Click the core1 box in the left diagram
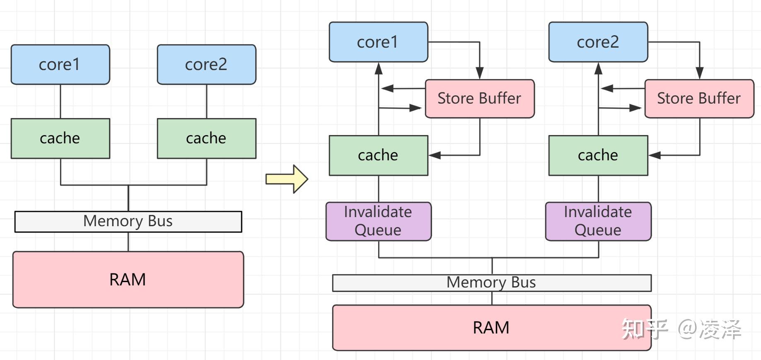point(60,65)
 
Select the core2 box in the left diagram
point(206,65)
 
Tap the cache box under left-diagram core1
point(60,138)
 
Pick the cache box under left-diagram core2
point(206,138)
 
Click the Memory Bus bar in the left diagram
point(128,222)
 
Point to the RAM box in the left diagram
point(128,280)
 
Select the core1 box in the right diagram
point(378,42)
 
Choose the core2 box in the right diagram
point(598,42)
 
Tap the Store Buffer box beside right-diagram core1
point(480,99)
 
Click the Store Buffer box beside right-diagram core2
point(699,99)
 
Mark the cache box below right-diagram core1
point(378,155)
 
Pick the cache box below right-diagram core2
point(598,155)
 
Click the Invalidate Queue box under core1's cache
point(378,221)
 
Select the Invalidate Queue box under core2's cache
point(598,221)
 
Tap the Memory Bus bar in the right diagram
point(492,283)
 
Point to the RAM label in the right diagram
point(491,328)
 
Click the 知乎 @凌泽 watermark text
point(681,330)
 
